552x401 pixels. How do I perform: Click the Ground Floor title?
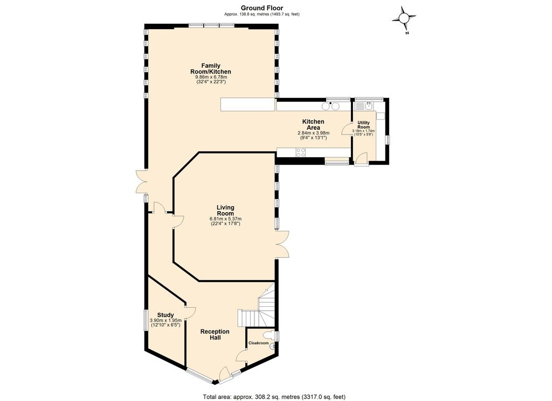tap(262, 8)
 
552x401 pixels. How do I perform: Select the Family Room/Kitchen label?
tap(211, 68)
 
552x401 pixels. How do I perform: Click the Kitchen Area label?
tap(313, 124)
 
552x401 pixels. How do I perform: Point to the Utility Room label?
tap(364, 125)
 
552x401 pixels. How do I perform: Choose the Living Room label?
tap(225, 210)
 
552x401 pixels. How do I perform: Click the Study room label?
tap(165, 315)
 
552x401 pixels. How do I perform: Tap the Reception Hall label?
tap(215, 334)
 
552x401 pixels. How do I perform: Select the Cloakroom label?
tap(258, 343)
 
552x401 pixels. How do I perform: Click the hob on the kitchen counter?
tap(301, 152)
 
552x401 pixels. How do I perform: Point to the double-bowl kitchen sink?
tap(331, 106)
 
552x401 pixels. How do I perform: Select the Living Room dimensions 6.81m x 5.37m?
tap(225, 219)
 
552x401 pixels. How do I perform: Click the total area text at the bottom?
tap(274, 397)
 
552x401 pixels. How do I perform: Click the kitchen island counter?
tap(247, 104)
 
